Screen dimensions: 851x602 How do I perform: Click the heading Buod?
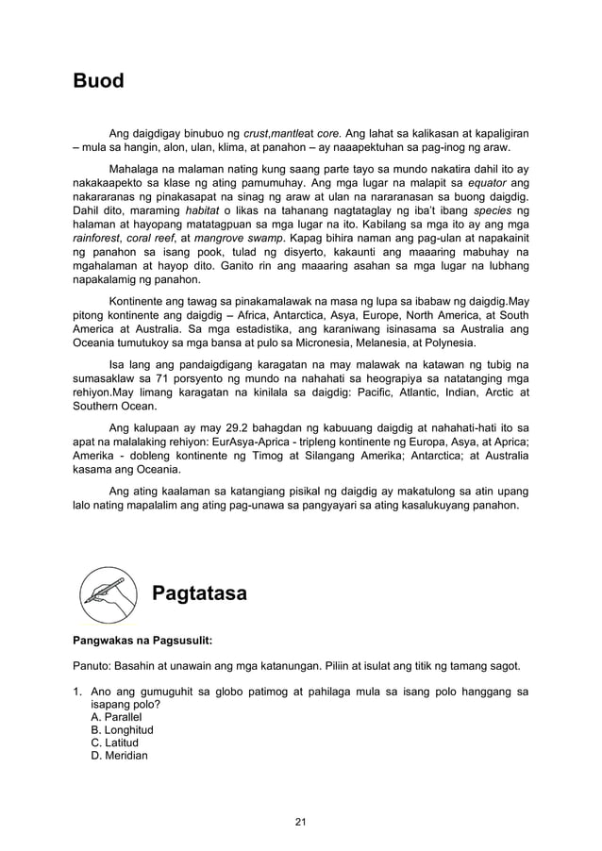(x=99, y=81)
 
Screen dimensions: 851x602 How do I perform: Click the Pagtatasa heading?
(x=199, y=593)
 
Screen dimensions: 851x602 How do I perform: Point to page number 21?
(x=301, y=824)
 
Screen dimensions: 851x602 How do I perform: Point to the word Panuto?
(x=94, y=665)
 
